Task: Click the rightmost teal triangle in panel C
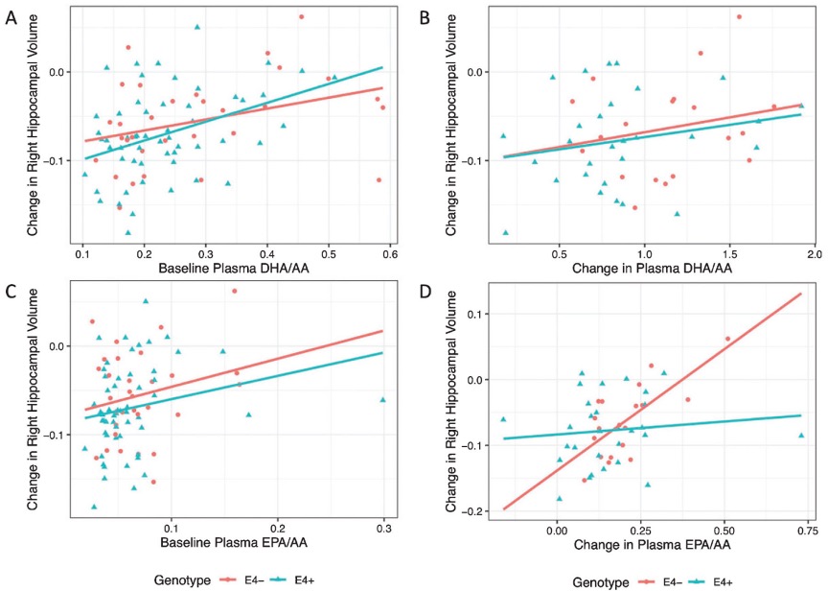click(383, 399)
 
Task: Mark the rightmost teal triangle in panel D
click(801, 436)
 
